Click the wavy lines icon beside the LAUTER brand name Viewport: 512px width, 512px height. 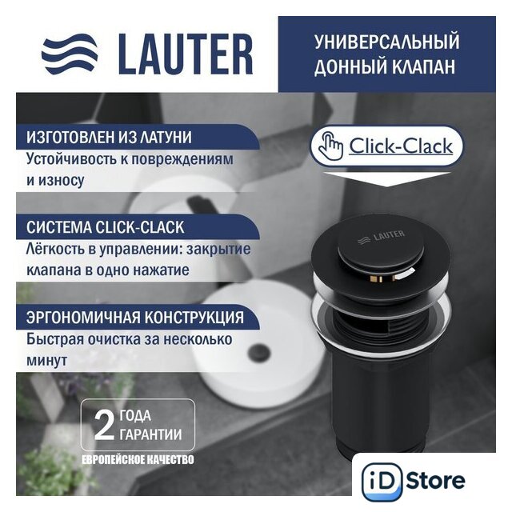[x=70, y=54]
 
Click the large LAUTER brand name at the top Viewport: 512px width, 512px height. [x=186, y=54]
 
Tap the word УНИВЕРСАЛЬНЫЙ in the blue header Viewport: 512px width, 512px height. [x=387, y=42]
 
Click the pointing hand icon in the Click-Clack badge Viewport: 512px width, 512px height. [x=330, y=146]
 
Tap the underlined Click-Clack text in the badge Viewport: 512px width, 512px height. [x=401, y=146]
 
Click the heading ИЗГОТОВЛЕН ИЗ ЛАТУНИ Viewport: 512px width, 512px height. [x=109, y=137]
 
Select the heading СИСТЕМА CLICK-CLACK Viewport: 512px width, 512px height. [x=105, y=227]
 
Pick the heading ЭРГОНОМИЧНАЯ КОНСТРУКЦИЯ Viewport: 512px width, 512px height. [x=135, y=317]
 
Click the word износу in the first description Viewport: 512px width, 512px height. [x=61, y=180]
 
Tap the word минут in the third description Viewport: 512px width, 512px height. [x=46, y=361]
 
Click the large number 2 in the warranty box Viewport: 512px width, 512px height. [x=104, y=425]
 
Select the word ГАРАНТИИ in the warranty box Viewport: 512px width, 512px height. [x=150, y=434]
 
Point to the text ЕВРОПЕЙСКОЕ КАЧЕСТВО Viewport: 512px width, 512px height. [x=138, y=459]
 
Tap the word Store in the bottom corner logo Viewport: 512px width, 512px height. [x=435, y=480]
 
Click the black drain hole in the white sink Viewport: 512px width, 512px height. [x=259, y=352]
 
